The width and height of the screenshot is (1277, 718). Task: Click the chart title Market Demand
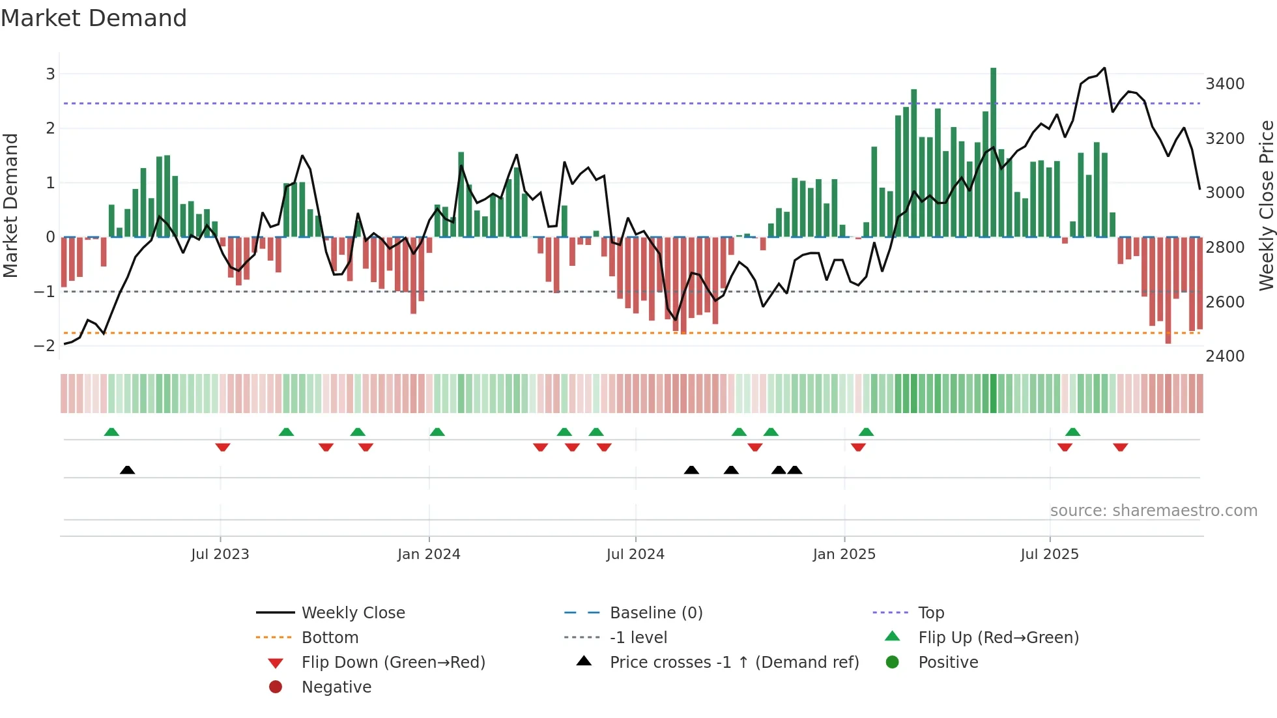tap(94, 18)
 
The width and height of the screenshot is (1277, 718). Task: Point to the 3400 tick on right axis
tap(1224, 84)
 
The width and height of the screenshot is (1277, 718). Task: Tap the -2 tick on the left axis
tap(44, 346)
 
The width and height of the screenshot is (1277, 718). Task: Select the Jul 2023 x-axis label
tap(220, 554)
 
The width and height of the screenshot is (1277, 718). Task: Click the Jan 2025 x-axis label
tap(844, 554)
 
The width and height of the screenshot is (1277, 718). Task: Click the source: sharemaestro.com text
tap(1153, 511)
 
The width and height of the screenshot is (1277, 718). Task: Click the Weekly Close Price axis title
tap(1266, 205)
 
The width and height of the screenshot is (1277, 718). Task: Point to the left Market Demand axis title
tap(10, 205)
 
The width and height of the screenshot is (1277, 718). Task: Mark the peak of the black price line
tap(1104, 68)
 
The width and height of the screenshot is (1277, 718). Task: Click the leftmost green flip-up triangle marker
tap(111, 432)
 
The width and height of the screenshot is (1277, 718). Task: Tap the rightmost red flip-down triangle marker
tap(1120, 447)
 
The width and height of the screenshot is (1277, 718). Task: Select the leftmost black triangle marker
tap(128, 470)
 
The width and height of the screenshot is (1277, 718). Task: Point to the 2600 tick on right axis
tap(1224, 302)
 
